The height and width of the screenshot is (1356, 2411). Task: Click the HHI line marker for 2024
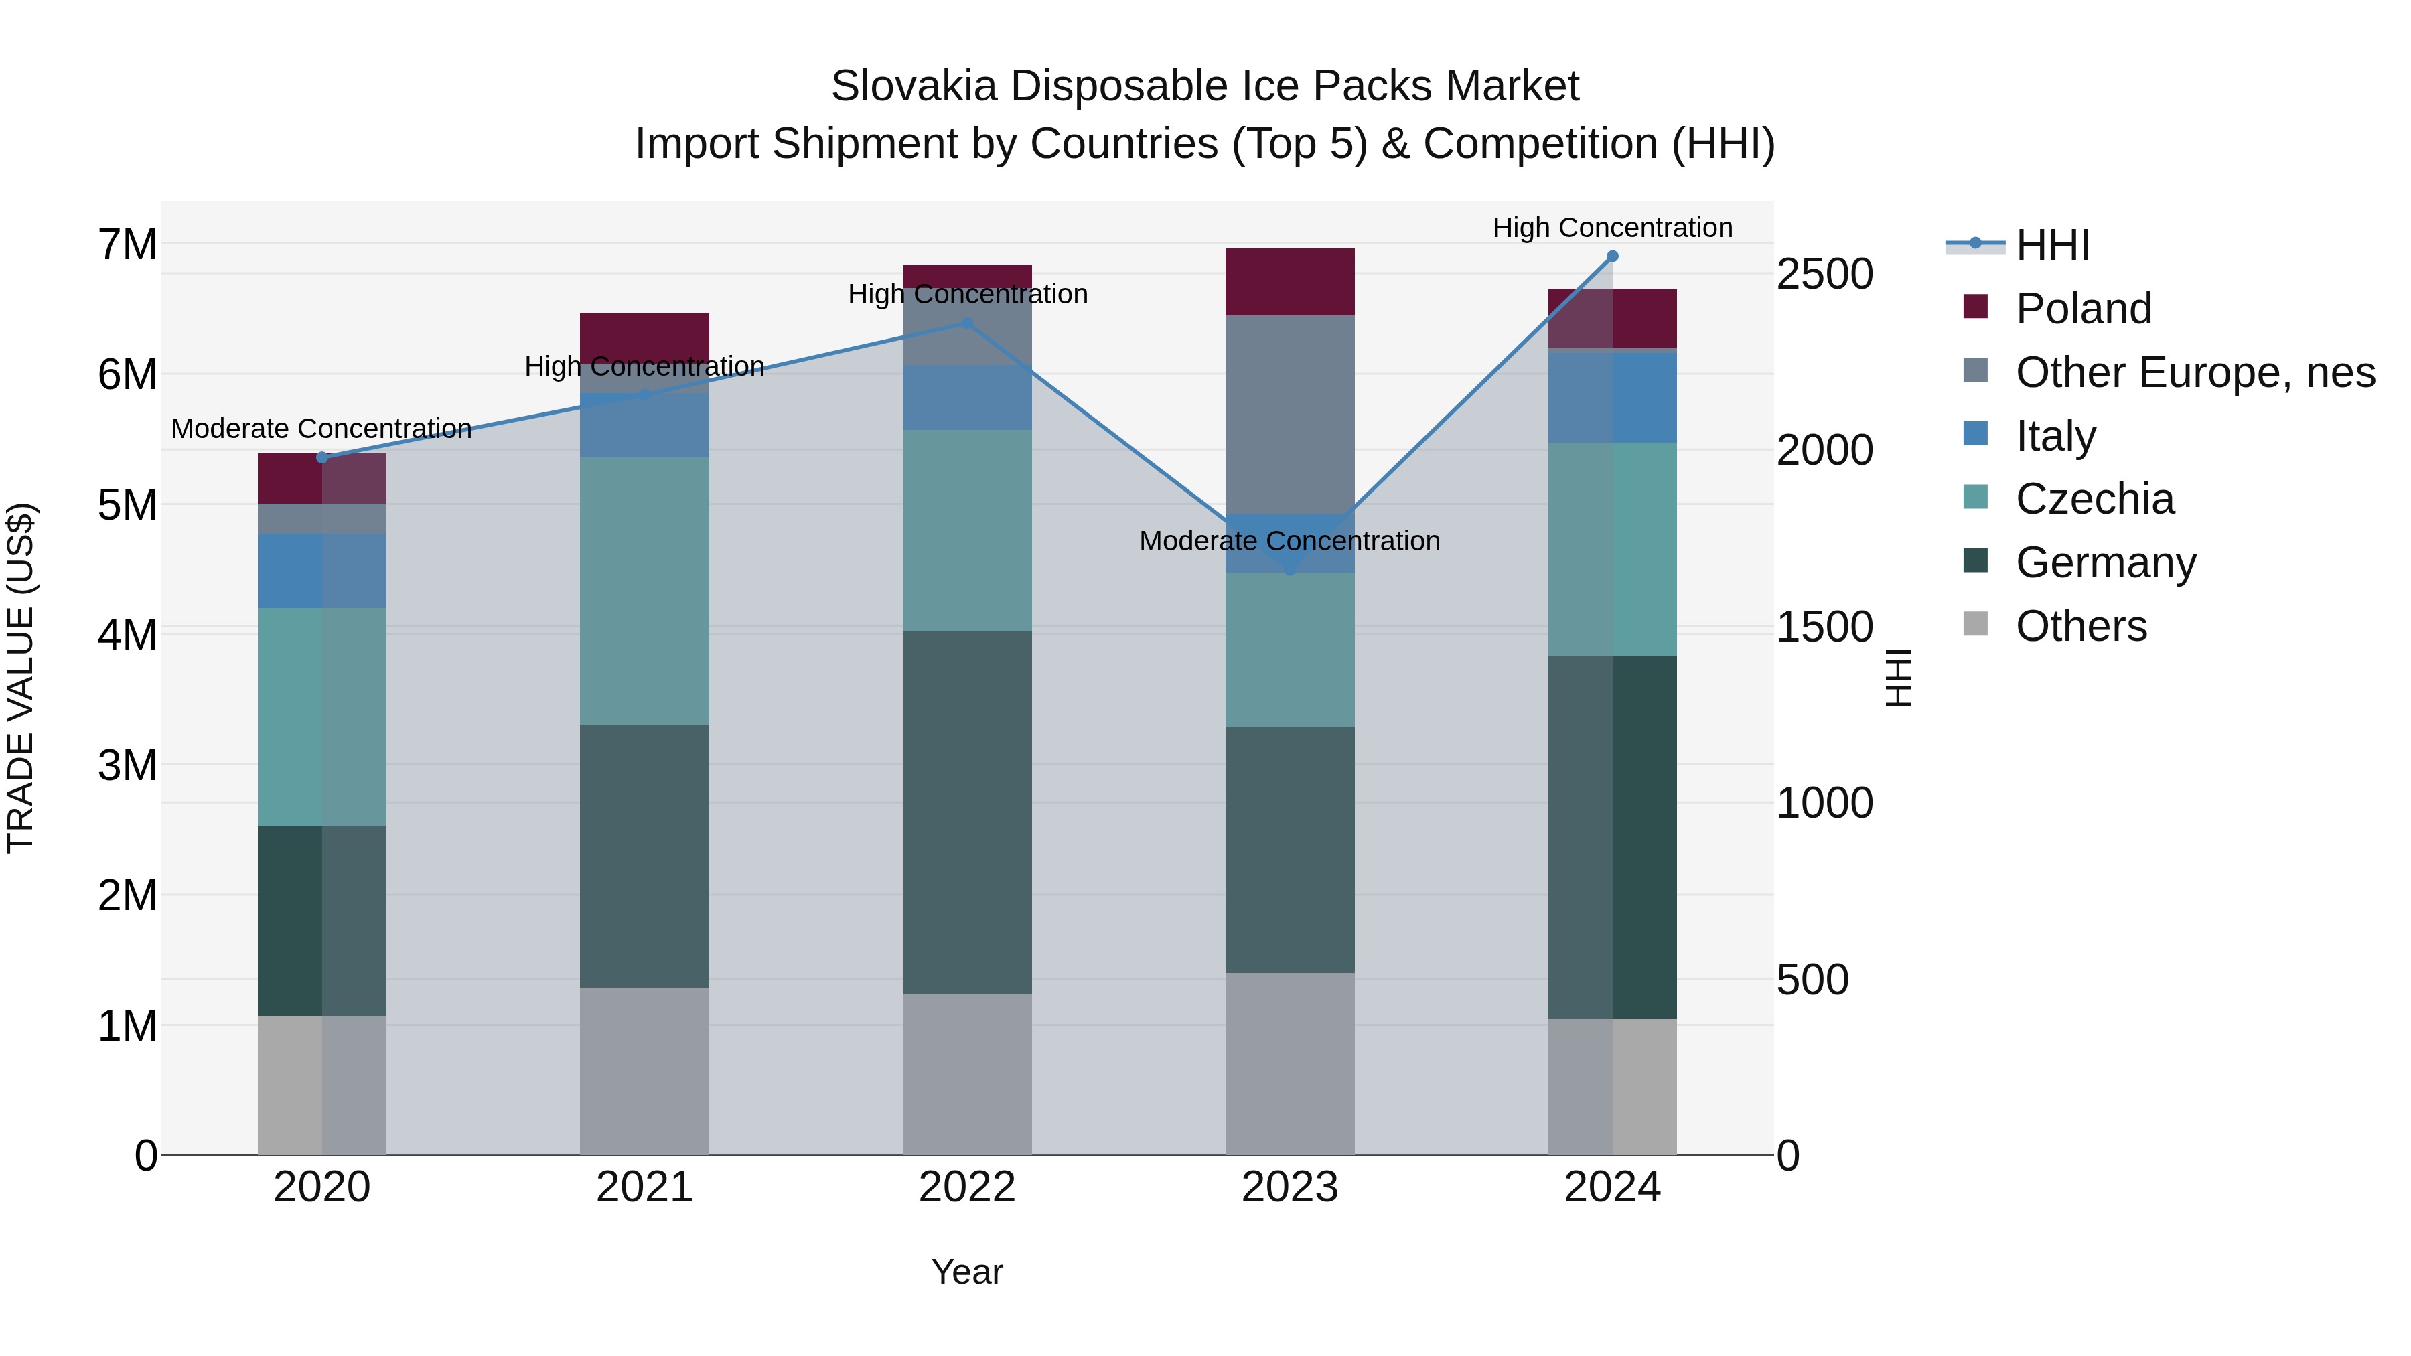(x=1612, y=256)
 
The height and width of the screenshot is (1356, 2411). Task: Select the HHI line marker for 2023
(x=1290, y=569)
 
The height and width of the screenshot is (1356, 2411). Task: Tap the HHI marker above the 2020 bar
(x=322, y=457)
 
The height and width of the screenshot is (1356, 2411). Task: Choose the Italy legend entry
(x=2055, y=436)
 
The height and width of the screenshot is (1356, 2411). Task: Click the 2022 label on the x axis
(x=967, y=1187)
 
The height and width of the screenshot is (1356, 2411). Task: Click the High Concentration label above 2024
(x=1612, y=228)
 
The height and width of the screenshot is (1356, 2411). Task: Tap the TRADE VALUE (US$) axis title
(x=21, y=678)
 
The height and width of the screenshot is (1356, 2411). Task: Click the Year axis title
(x=967, y=1272)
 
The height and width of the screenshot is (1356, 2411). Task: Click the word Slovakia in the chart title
(x=914, y=86)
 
